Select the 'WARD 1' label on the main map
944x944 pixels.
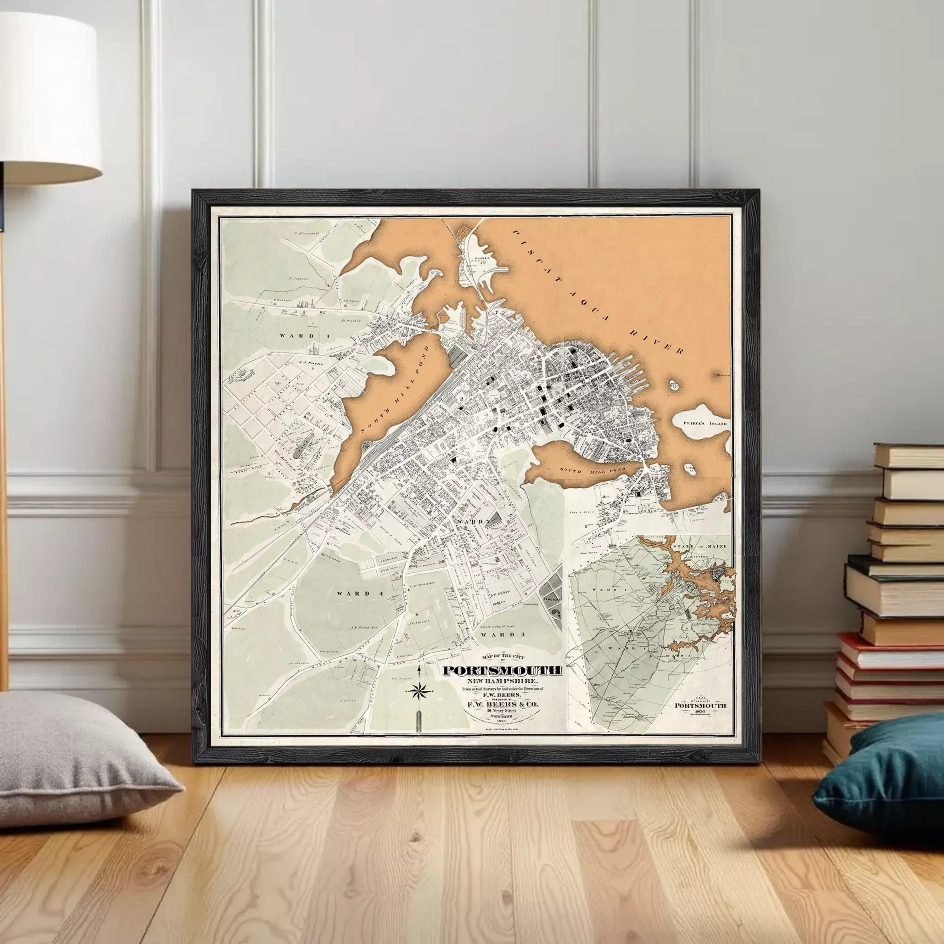tap(298, 336)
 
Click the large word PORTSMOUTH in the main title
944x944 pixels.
tap(502, 671)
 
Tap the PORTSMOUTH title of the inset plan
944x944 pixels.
tap(700, 705)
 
